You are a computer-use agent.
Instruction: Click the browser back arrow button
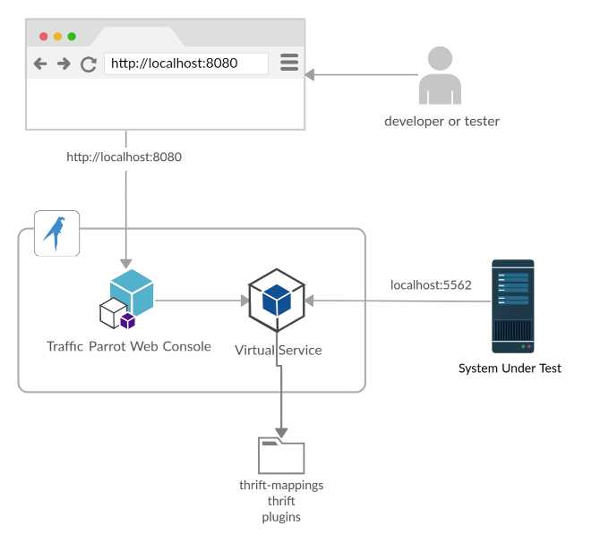(40, 64)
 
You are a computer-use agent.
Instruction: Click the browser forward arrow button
(64, 64)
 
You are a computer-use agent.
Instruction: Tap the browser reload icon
(89, 64)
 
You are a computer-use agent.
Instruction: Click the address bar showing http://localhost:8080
(186, 64)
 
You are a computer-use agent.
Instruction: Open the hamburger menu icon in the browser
(289, 63)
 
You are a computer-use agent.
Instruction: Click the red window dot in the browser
(43, 37)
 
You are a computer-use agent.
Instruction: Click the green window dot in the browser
(72, 37)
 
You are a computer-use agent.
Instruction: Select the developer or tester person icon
(440, 75)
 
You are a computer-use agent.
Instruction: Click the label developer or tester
(442, 121)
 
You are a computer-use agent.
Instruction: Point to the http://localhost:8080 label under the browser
(124, 157)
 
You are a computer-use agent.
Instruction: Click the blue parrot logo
(56, 233)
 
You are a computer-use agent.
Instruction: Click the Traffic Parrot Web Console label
(129, 346)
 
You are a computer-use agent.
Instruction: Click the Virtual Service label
(278, 350)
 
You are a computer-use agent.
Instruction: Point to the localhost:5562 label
(432, 284)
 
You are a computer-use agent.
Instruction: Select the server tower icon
(513, 305)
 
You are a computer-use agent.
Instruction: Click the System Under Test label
(510, 368)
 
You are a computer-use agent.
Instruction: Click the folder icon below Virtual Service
(281, 454)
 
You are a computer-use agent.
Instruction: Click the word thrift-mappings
(281, 485)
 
